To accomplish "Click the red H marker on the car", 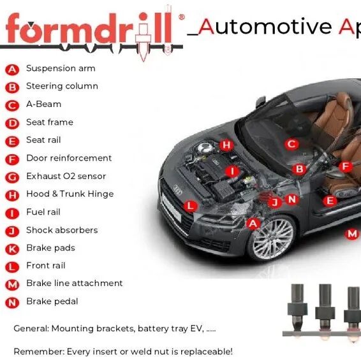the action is coord(226,145).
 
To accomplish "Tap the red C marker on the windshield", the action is coord(291,144).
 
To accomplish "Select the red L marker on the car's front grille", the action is coord(191,206).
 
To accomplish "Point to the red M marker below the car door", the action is coord(352,234).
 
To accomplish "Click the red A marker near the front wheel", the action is coord(253,224).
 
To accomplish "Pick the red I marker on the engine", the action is coord(232,171).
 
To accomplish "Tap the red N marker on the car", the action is coord(292,199).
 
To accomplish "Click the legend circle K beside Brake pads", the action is coord(12,249).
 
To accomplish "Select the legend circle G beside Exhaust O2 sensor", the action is coord(12,177).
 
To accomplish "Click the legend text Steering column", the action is coord(62,86).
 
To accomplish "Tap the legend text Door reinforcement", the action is coord(69,158).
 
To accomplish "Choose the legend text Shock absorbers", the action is coord(62,230).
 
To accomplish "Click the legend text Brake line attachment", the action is coord(75,283).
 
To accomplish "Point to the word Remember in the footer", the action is coord(39,352).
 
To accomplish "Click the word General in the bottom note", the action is coord(31,329).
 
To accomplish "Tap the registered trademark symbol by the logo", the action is coord(181,17).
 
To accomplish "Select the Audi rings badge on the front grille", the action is coord(178,189).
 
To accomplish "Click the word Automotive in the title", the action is coord(265,27).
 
